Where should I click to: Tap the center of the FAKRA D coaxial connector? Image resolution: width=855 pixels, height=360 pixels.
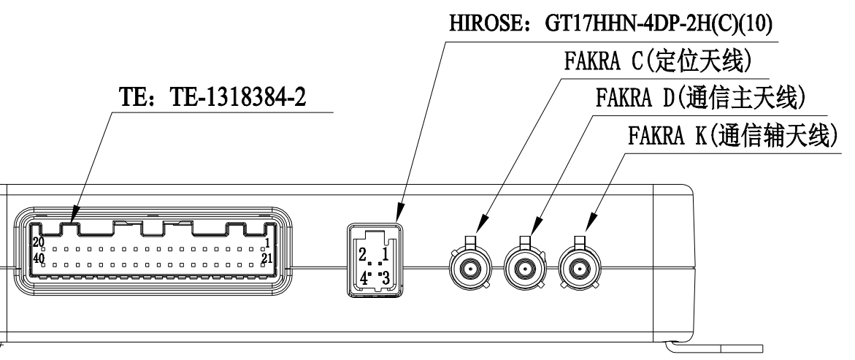(524, 270)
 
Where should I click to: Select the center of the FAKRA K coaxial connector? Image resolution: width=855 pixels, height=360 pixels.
(580, 270)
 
